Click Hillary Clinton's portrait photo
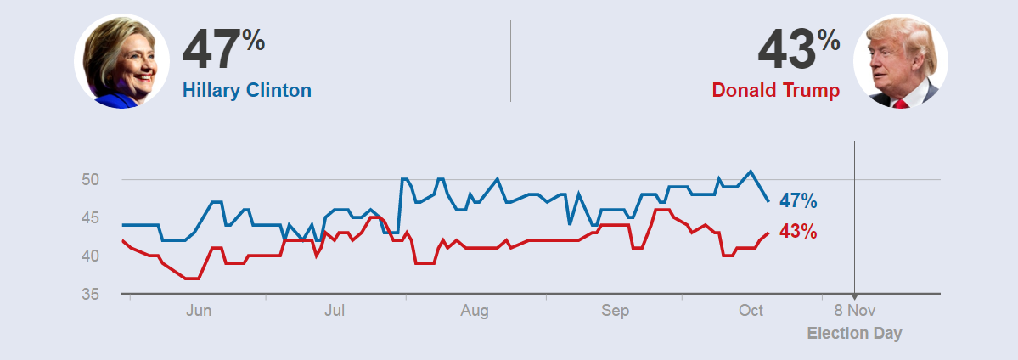click(x=121, y=61)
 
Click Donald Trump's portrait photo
click(x=900, y=61)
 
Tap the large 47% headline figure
click(x=223, y=49)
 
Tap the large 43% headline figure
click(x=798, y=49)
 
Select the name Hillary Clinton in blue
click(x=247, y=90)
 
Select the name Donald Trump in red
click(x=776, y=90)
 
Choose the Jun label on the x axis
click(x=199, y=311)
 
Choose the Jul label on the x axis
click(x=335, y=311)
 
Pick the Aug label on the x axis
click(x=475, y=311)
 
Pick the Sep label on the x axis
click(x=616, y=311)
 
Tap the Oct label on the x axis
click(x=751, y=311)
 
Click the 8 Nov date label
click(x=854, y=311)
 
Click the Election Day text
click(x=854, y=333)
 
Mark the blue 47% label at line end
click(x=798, y=201)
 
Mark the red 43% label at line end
click(x=798, y=231)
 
